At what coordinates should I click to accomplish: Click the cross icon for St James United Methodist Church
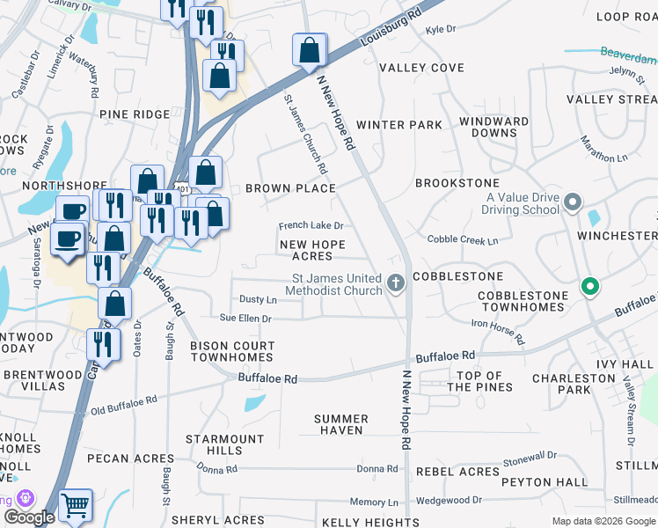tap(396, 284)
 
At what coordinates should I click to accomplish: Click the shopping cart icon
tap(76, 505)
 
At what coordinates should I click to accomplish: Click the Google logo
tap(29, 517)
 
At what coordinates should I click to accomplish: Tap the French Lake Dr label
tap(311, 226)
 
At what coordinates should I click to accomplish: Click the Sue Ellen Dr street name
tap(245, 319)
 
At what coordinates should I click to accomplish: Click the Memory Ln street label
tap(368, 502)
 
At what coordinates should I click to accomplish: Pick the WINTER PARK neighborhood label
tap(398, 125)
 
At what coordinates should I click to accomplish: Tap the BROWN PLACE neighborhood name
tap(290, 188)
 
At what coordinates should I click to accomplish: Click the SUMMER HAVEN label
tap(341, 425)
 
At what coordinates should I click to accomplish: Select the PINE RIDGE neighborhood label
tap(134, 114)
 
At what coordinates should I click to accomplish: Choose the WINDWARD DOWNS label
tap(493, 127)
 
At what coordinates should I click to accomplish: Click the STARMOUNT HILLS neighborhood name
tap(214, 444)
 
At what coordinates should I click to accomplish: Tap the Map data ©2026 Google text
tap(603, 521)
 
